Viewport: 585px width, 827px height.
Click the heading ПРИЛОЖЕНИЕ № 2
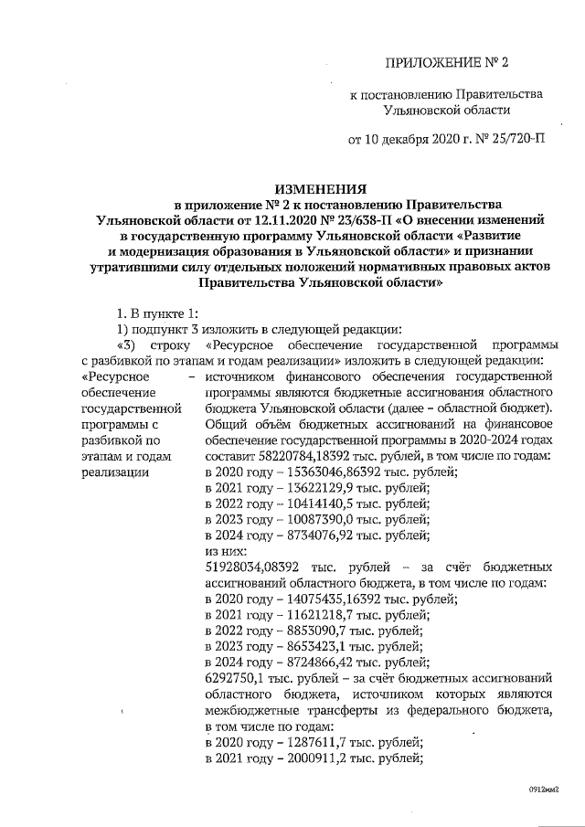point(447,63)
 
